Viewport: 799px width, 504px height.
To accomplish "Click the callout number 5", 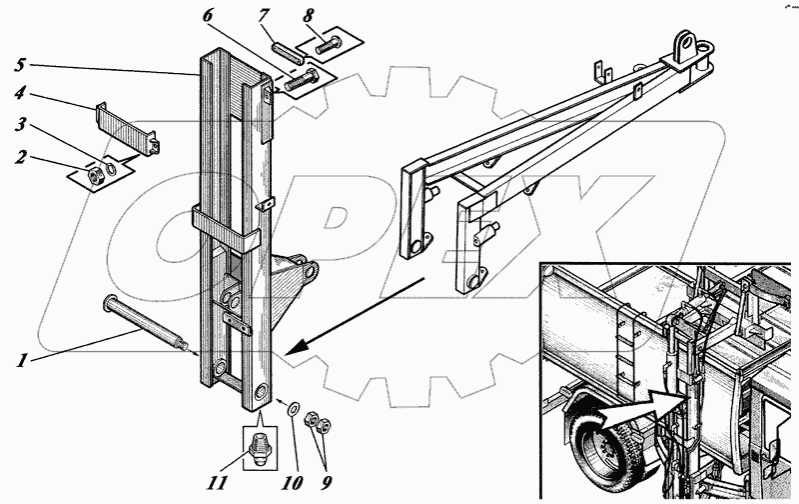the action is (20, 66).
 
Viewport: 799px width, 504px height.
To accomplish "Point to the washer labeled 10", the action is (292, 409).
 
